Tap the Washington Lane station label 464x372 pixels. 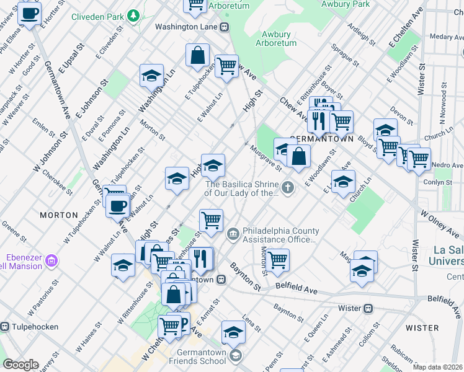tap(186, 27)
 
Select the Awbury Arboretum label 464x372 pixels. tap(277, 38)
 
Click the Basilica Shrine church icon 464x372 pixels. tap(287, 187)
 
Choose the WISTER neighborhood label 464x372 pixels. tap(422, 327)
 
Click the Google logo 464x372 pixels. tap(20, 365)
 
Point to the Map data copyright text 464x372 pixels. tap(438, 367)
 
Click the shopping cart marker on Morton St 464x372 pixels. tap(277, 260)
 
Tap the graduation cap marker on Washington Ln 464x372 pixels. tap(151, 76)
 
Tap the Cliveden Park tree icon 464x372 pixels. tap(133, 15)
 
